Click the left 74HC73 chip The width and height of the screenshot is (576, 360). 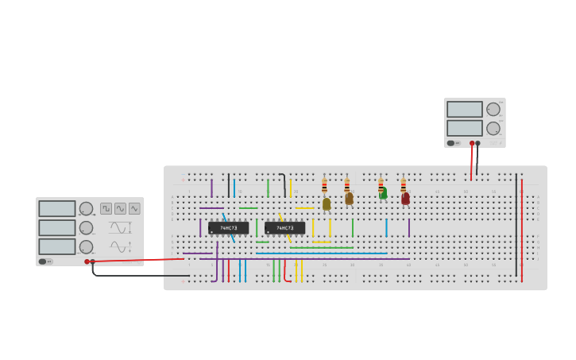[228, 228]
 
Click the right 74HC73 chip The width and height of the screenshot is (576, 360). [284, 228]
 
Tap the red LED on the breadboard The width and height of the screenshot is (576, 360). [405, 199]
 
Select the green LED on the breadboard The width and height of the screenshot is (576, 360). [383, 193]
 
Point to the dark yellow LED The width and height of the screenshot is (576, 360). [327, 204]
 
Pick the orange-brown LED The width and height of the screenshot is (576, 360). [349, 199]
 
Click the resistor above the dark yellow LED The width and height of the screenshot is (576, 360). [324, 186]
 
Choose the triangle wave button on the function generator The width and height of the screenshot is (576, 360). [134, 208]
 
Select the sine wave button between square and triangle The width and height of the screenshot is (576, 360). [120, 208]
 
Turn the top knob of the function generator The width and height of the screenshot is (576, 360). [86, 209]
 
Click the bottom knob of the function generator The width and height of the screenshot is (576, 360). [86, 247]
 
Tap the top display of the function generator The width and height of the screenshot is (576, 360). [57, 209]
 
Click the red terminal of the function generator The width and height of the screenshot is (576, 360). [87, 261]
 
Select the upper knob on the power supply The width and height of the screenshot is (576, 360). [493, 109]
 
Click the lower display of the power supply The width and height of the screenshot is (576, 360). [465, 128]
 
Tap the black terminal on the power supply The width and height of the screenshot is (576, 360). [477, 143]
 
